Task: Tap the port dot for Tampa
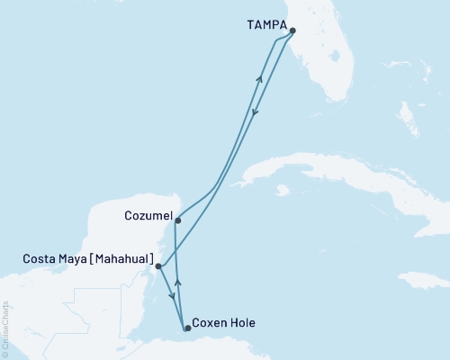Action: (x=292, y=30)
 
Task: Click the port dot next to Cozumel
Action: (x=177, y=220)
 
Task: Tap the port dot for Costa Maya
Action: (x=157, y=266)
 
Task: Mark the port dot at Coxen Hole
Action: (x=187, y=328)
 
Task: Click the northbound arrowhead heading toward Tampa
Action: (x=260, y=78)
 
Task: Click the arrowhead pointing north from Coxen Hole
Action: (x=177, y=283)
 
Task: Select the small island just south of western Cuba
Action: (x=283, y=191)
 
